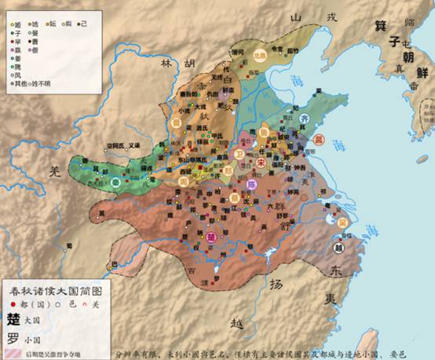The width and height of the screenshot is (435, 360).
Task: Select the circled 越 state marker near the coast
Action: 338,249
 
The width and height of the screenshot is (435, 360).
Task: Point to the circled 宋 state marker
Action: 260,162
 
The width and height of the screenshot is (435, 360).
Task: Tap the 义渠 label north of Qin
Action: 134,145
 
